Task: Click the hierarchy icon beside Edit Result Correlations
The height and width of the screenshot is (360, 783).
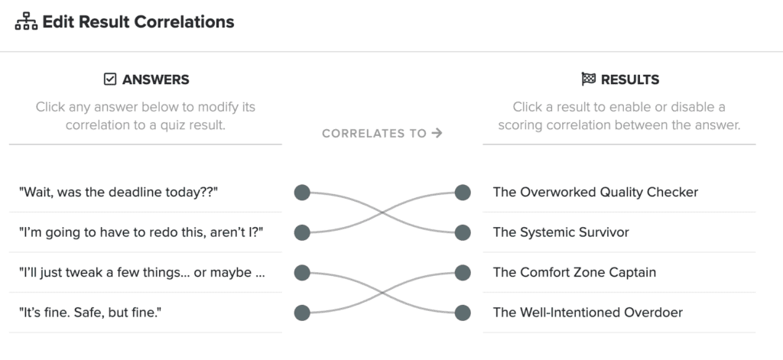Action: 26,22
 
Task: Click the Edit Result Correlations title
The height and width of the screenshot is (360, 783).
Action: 138,22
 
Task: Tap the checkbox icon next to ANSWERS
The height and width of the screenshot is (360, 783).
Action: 110,79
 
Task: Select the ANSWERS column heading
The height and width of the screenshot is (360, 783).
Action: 156,80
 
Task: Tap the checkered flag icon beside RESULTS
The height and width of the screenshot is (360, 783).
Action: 589,79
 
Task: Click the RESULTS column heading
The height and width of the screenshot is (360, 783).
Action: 630,80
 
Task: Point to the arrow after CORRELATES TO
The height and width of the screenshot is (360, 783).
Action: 437,133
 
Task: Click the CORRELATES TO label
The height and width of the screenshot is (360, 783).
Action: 374,133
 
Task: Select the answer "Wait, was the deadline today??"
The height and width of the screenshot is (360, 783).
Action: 119,193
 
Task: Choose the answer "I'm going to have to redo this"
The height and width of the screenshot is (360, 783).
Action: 141,232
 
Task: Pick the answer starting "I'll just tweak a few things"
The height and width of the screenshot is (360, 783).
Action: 141,273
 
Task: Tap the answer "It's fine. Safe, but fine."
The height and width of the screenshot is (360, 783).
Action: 90,313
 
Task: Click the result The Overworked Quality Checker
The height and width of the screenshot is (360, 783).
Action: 595,193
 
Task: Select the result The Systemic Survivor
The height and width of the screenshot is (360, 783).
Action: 560,232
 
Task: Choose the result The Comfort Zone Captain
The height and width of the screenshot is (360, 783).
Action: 574,273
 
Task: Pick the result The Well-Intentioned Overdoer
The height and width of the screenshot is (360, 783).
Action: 588,313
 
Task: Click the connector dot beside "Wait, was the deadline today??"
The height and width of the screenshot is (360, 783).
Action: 302,193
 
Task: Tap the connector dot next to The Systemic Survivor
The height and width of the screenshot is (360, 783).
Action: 463,232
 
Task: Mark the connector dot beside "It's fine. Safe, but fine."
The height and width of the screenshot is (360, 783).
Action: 302,313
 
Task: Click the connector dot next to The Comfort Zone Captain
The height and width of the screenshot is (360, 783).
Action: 463,273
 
